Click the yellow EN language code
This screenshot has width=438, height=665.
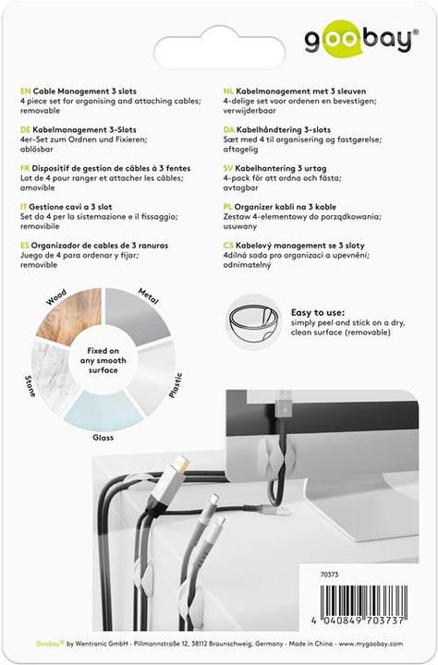pos(25,92)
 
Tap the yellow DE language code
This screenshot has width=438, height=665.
pos(25,131)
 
